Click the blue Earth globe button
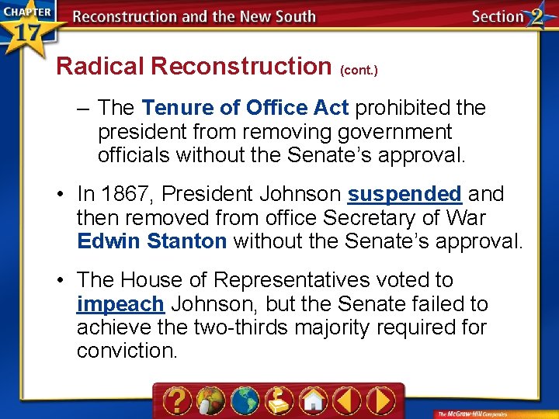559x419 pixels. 245,400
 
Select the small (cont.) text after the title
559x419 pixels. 359,70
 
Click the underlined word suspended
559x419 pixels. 404,193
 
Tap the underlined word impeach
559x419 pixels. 120,303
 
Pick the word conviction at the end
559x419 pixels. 127,351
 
